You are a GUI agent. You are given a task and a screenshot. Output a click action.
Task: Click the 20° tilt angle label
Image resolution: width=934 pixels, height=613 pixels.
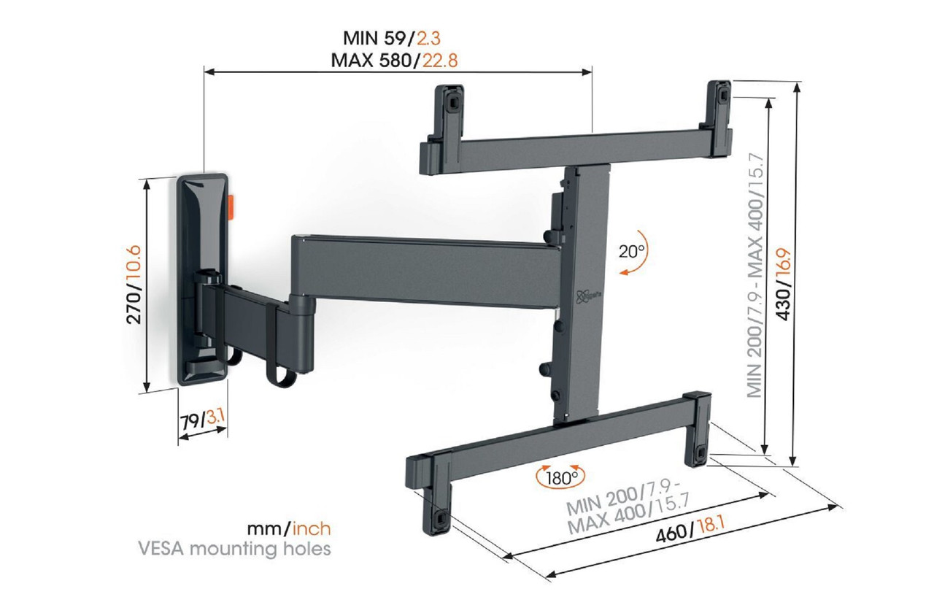(632, 251)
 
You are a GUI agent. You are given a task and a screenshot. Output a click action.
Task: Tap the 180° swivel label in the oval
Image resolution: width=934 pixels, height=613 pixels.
(560, 478)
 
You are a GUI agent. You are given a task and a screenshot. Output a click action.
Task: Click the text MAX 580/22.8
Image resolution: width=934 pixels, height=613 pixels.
(394, 60)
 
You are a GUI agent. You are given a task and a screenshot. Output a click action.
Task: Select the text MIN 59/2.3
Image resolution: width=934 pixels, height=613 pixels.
(394, 38)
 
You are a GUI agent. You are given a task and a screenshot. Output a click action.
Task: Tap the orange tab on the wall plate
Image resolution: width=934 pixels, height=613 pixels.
(231, 207)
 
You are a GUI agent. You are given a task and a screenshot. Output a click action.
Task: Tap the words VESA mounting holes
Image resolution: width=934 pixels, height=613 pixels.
(261, 548)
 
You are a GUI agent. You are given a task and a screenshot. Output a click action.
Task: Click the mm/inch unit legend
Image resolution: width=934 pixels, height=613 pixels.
(288, 528)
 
